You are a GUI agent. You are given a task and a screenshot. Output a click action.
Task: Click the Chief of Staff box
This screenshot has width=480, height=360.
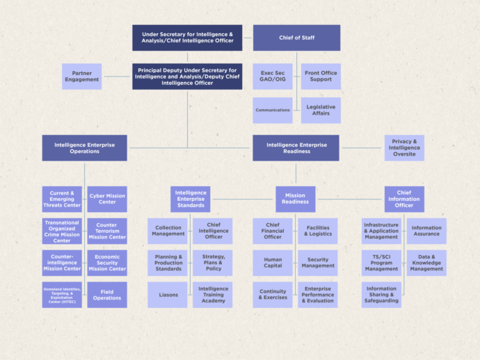coord(296,38)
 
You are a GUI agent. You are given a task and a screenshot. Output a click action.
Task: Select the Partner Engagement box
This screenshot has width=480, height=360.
coord(82,76)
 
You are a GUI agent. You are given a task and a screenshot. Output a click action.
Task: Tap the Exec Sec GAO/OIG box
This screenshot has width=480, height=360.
coord(272,76)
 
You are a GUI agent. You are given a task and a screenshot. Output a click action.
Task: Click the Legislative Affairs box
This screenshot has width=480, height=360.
coord(321,110)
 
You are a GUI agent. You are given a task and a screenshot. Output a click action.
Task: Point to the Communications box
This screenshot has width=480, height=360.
coord(272,110)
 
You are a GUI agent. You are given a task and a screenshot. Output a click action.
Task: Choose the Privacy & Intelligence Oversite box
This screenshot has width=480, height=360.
coord(404,147)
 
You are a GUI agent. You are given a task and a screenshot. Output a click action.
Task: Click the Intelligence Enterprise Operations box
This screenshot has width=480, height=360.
coord(84,147)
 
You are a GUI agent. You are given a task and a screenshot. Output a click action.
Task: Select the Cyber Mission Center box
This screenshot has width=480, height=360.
coord(107,199)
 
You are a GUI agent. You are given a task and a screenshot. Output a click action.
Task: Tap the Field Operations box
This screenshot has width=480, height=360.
coord(107,295)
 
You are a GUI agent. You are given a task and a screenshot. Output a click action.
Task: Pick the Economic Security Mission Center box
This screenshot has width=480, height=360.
coord(107,263)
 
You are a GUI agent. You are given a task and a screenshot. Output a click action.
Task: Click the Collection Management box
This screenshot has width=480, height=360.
coord(168,231)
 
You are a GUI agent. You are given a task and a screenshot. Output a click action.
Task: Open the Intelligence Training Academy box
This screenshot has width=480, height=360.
coord(213,295)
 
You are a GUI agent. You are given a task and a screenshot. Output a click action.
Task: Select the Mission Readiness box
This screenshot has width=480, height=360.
coord(295,199)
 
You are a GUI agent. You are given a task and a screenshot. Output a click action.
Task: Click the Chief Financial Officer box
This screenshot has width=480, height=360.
coord(272,231)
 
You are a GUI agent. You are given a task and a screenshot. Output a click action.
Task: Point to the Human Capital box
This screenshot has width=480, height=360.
coord(272,263)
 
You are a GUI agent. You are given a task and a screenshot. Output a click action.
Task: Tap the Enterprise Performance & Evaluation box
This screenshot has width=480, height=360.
coord(318,295)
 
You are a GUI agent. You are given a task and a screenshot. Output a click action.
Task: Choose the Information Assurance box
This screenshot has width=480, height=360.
coord(426,231)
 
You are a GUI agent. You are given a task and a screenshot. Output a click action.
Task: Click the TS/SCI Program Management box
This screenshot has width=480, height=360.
coord(381,263)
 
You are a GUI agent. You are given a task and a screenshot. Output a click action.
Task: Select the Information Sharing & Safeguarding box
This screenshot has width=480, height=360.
coord(381,295)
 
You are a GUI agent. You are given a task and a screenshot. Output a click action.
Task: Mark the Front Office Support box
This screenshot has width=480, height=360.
coord(321,76)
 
